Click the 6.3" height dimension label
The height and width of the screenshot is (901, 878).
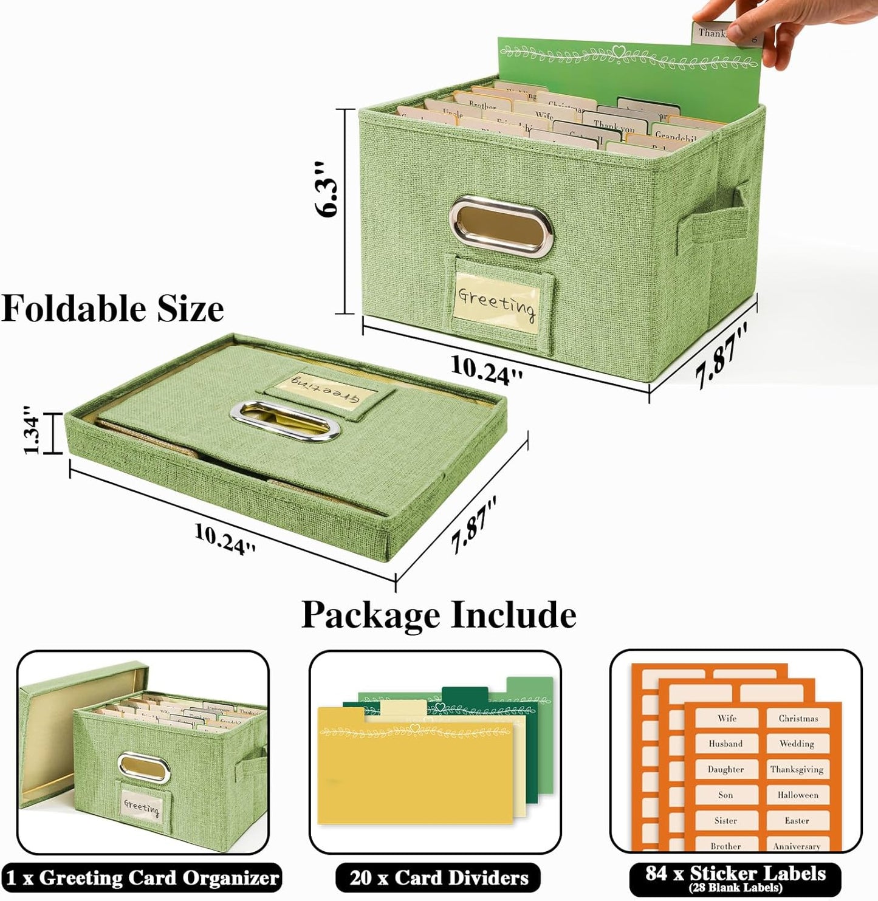coord(327,190)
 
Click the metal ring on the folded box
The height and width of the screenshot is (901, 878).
coord(284,420)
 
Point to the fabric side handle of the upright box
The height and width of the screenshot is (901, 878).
coord(711,217)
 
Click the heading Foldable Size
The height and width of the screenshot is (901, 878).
coord(113,309)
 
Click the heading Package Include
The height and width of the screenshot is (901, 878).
coord(439,615)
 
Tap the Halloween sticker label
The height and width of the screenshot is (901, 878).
coord(797,795)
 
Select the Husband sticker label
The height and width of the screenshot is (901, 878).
coord(725,744)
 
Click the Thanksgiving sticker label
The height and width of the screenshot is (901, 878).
coord(797,769)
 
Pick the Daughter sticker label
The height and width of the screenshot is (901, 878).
coord(725,769)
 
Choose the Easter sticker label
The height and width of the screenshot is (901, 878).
coord(797,820)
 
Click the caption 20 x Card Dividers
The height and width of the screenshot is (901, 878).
coord(439,878)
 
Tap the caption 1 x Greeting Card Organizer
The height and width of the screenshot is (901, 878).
coord(142,878)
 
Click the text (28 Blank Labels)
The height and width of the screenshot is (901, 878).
coord(736,888)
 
